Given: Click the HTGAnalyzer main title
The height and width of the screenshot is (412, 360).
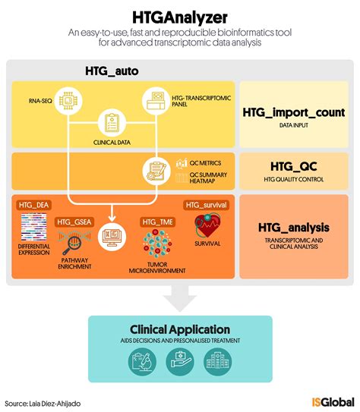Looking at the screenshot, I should (x=180, y=15).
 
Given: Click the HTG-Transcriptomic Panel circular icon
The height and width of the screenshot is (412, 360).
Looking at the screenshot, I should (x=156, y=99).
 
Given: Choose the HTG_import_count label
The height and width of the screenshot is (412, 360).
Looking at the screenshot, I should (x=293, y=112).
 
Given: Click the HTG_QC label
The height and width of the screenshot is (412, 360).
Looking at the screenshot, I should (x=293, y=165).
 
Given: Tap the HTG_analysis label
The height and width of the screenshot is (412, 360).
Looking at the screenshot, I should (x=293, y=226).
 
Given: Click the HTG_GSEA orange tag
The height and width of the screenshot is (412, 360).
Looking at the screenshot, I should (x=75, y=222).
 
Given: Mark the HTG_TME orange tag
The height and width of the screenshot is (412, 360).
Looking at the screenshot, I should (x=157, y=222).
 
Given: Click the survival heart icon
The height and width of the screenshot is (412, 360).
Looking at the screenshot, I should (x=207, y=225).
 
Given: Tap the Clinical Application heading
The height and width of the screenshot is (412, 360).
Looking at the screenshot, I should (x=180, y=329).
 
